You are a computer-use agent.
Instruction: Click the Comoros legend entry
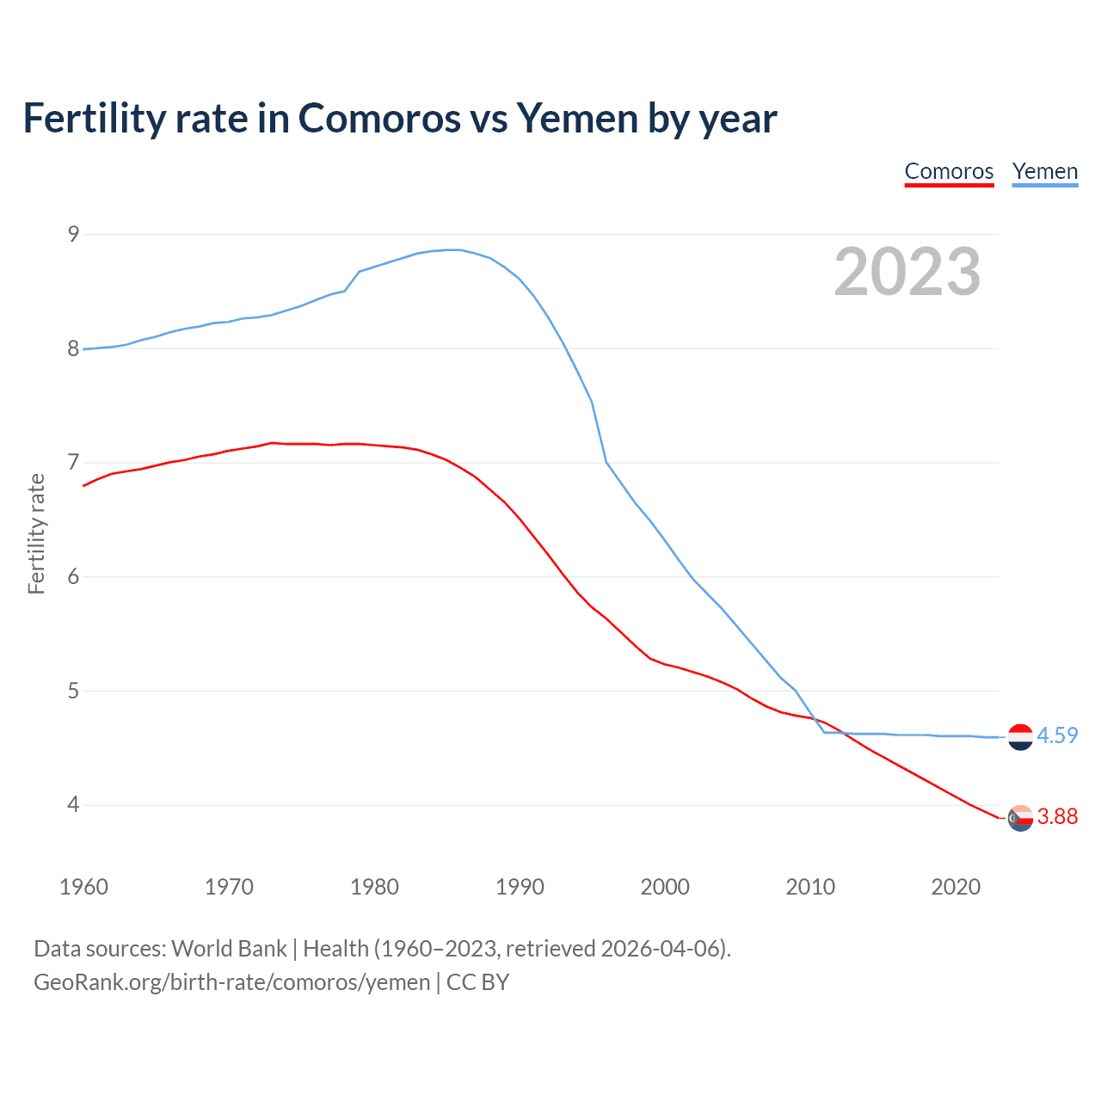click(949, 171)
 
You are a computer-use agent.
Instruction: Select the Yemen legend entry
click(1044, 171)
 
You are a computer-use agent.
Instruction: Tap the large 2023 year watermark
click(907, 272)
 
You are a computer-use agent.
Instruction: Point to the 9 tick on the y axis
click(73, 234)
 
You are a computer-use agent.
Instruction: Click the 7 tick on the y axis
click(73, 463)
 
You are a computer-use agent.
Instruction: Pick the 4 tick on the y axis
click(73, 805)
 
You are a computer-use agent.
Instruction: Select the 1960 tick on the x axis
click(83, 887)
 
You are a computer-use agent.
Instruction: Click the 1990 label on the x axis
click(520, 887)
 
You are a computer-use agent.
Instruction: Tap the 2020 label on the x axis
click(956, 887)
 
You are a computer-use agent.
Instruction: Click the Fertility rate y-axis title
click(36, 533)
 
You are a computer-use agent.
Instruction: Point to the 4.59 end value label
click(1057, 736)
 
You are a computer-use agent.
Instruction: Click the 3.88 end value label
click(1057, 817)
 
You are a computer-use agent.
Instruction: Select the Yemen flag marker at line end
click(1020, 737)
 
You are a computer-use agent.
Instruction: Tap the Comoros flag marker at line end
click(1020, 818)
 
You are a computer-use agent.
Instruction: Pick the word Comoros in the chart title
click(378, 118)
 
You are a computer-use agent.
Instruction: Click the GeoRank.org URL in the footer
click(231, 982)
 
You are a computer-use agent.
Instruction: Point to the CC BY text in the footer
click(477, 982)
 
